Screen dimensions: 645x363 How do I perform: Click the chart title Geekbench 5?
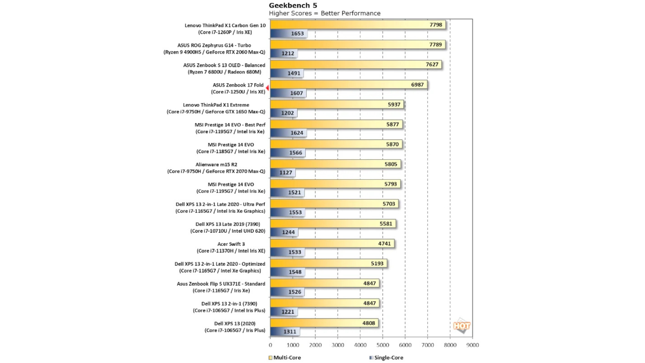click(293, 5)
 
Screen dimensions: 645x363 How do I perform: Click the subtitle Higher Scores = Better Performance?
click(325, 13)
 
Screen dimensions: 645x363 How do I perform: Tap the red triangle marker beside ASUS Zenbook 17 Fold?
click(267, 88)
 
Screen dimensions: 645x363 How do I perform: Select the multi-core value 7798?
click(436, 25)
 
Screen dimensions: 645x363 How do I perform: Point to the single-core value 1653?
click(297, 34)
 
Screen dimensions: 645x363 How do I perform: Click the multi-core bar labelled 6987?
click(349, 85)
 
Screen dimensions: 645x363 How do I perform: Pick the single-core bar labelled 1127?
click(283, 172)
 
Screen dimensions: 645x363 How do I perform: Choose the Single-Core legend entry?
click(386, 358)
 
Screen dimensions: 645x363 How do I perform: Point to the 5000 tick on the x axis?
click(383, 345)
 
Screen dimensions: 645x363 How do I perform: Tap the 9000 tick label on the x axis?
click(473, 345)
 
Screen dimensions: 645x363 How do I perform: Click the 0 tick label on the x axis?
click(270, 345)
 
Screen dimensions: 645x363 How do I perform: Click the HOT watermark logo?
click(462, 326)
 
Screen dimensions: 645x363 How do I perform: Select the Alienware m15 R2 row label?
click(216, 168)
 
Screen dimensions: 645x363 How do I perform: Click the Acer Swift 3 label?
click(231, 247)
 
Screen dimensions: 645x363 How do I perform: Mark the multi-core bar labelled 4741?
click(332, 244)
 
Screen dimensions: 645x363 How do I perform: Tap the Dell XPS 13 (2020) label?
click(235, 327)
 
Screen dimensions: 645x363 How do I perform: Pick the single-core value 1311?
click(290, 332)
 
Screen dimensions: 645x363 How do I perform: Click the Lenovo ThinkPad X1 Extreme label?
click(216, 109)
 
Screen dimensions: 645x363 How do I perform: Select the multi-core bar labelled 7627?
click(356, 65)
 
